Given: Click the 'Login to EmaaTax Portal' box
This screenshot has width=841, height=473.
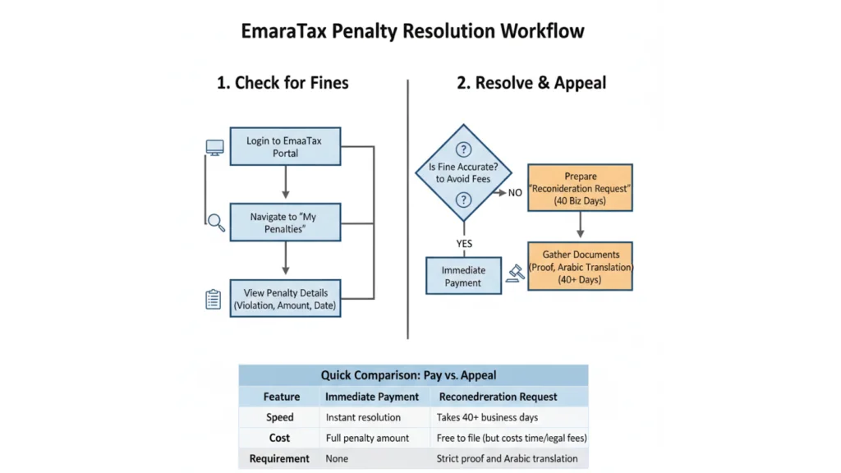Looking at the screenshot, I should click(x=284, y=147).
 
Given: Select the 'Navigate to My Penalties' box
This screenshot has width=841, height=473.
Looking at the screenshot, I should click(x=284, y=223).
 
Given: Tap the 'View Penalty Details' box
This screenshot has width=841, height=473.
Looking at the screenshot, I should click(x=284, y=300).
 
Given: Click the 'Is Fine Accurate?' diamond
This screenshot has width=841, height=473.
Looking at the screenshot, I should click(x=463, y=173).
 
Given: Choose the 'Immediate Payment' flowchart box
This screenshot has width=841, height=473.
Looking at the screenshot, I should click(x=463, y=276).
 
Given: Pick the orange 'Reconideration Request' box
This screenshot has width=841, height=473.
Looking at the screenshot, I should click(x=580, y=188).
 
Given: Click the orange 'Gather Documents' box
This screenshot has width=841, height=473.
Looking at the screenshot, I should click(x=580, y=267).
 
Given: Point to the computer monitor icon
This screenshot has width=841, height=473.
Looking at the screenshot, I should click(x=214, y=149).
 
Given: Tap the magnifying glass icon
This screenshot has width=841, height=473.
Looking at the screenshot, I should click(x=216, y=222).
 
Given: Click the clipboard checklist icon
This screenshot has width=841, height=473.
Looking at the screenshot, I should click(x=214, y=299).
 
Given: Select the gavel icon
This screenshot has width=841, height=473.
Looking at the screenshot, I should click(x=517, y=273).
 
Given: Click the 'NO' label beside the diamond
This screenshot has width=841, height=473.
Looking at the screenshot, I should click(x=515, y=193).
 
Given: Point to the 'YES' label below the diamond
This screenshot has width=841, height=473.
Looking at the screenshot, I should click(x=464, y=243).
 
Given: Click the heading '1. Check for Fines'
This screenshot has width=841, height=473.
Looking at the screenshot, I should click(x=283, y=83).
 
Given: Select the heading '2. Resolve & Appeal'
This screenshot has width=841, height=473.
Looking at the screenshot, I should click(x=531, y=83).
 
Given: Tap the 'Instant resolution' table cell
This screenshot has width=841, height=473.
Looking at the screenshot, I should click(x=363, y=417).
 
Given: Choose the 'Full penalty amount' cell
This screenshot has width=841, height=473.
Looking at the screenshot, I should click(x=367, y=438).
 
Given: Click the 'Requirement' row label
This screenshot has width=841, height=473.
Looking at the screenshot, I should click(x=279, y=458).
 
